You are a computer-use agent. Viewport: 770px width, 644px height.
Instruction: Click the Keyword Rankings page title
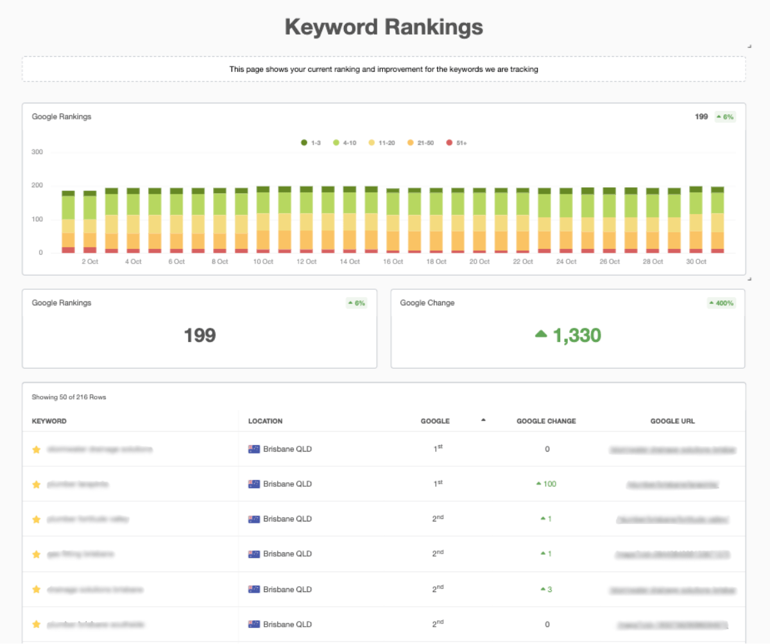click(x=384, y=27)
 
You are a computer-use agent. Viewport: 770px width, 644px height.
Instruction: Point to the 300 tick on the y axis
click(x=37, y=153)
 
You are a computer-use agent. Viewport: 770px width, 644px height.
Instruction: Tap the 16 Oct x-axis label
click(x=392, y=262)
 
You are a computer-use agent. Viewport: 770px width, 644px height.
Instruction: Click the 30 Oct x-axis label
click(x=696, y=262)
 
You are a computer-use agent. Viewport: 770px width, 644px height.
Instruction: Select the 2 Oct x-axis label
click(x=89, y=262)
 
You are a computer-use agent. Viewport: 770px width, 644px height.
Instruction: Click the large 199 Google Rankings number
click(x=200, y=335)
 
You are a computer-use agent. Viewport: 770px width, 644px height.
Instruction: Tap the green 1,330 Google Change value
click(x=576, y=335)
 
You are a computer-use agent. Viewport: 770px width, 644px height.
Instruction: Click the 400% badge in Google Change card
click(x=722, y=303)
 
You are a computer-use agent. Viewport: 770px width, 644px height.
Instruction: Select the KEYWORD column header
click(x=49, y=421)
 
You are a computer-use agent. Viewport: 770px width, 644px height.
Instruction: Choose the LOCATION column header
click(x=265, y=421)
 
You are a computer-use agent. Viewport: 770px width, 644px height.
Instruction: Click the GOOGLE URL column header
click(x=672, y=421)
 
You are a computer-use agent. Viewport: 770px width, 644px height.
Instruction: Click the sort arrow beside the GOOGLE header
click(x=483, y=420)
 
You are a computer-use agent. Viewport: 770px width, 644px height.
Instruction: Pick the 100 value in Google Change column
click(x=549, y=484)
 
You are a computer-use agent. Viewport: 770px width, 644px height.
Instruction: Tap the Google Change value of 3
click(x=549, y=589)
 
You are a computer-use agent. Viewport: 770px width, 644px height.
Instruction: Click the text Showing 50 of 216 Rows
click(x=69, y=397)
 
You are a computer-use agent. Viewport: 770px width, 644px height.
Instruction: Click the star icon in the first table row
click(x=37, y=450)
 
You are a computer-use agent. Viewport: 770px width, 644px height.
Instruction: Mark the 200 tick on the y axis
click(x=37, y=186)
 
